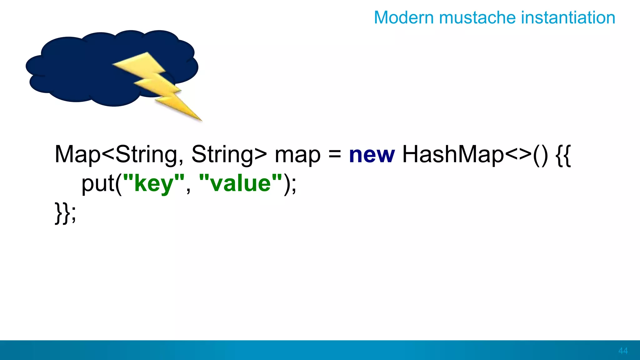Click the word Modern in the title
[x=404, y=17]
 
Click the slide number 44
[x=623, y=351]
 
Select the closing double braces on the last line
[x=62, y=213]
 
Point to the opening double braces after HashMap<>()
[x=563, y=155]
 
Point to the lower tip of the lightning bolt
[x=200, y=119]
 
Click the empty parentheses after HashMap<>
[x=540, y=155]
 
